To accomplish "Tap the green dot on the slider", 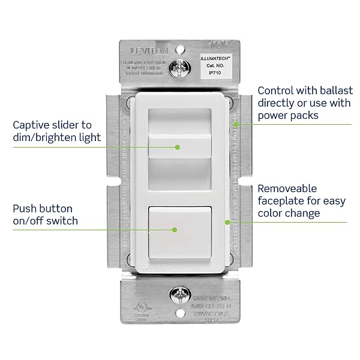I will [178, 146].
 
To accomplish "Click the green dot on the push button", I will [174, 229].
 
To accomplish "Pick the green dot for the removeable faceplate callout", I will [227, 222].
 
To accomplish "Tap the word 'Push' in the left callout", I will [25, 208].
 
